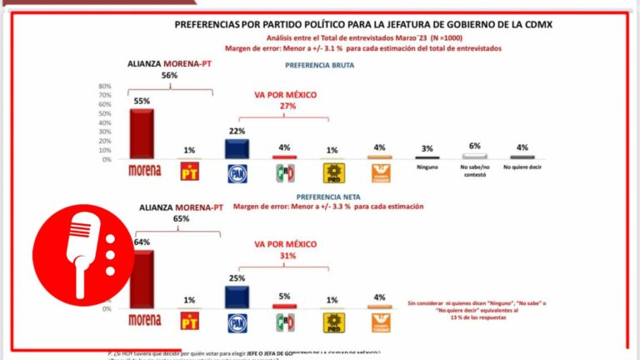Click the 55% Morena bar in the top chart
(x=142, y=134)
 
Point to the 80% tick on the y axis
(x=105, y=87)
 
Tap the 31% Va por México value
(x=287, y=256)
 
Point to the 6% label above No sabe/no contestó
(x=475, y=146)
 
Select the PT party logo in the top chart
(x=190, y=172)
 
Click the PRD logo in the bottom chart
(x=333, y=321)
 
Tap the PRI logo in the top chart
(x=285, y=172)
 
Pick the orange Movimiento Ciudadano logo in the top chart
(x=380, y=172)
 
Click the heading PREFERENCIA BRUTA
(x=320, y=64)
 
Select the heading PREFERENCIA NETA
(x=320, y=197)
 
